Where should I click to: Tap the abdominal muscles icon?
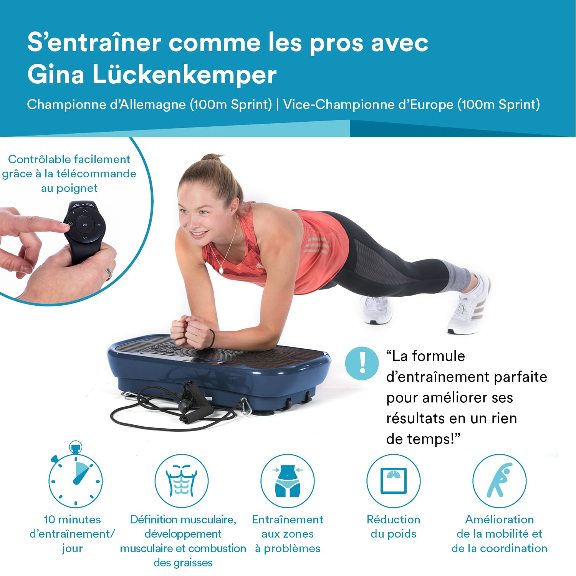pyautogui.click(x=181, y=481)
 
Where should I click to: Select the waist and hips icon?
pyautogui.click(x=288, y=481)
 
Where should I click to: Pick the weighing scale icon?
pyautogui.click(x=393, y=481)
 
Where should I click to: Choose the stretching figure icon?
pyautogui.click(x=499, y=481)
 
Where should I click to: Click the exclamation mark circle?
pyautogui.click(x=362, y=363)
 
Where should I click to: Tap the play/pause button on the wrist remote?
pyautogui.click(x=85, y=225)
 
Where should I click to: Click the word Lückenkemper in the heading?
pyautogui.click(x=184, y=74)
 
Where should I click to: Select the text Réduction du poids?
pyautogui.click(x=393, y=526)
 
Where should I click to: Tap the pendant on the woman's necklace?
pyautogui.click(x=221, y=270)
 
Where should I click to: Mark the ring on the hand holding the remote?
pyautogui.click(x=109, y=273)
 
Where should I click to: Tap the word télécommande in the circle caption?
pyautogui.click(x=96, y=174)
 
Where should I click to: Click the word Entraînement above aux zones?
pyautogui.click(x=288, y=519)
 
